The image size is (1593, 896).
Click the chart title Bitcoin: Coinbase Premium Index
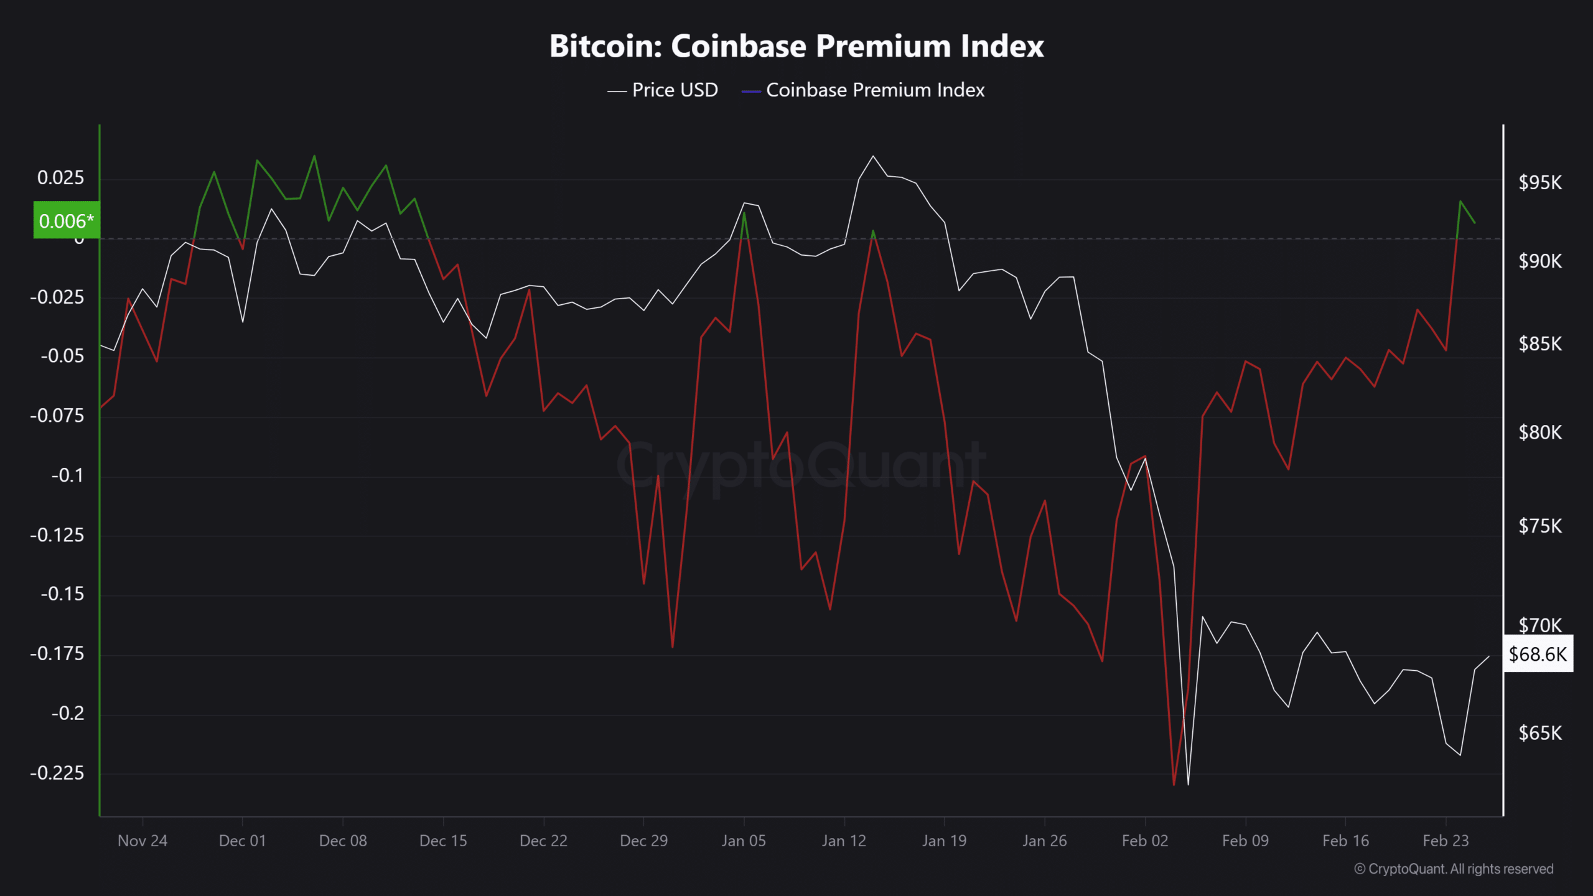796,46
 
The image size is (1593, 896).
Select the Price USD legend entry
663,90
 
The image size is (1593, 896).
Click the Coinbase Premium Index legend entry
864,90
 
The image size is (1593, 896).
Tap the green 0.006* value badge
66,220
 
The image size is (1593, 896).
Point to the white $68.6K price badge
1538,654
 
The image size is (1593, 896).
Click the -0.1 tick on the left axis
67,475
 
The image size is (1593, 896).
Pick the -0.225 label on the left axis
57,773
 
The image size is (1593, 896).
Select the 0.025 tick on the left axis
60,178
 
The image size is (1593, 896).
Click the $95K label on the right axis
1540,182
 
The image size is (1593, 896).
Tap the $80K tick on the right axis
1540,432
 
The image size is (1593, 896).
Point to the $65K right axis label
1540,733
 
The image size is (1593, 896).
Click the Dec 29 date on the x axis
643,841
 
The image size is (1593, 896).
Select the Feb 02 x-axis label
1145,841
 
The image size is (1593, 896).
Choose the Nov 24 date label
142,841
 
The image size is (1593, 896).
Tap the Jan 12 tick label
844,841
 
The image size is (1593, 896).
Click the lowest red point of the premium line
1174,785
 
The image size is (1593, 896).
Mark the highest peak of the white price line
873,156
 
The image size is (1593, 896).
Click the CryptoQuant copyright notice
1454,869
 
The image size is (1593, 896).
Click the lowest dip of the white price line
1188,784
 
